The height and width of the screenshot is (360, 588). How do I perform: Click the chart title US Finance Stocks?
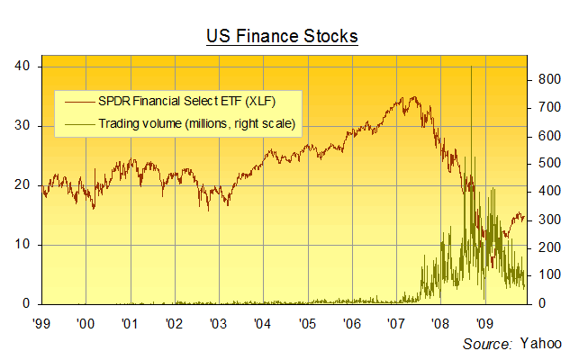282,36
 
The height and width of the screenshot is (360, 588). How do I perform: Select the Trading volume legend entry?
198,122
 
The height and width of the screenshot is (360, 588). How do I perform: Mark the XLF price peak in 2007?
412,97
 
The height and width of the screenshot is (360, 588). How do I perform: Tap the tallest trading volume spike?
472,67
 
